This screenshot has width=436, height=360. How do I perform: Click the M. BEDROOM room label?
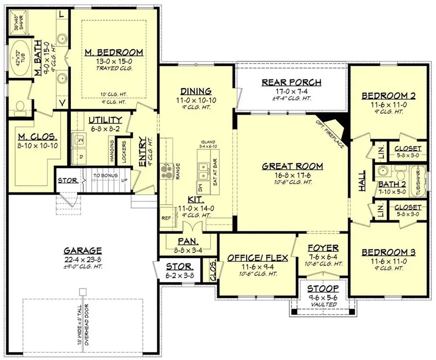[x=113, y=52]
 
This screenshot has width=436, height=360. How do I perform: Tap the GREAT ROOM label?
[x=292, y=166]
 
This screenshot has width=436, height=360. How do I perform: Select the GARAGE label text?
[x=82, y=250]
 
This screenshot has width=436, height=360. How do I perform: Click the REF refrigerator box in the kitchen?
[x=167, y=218]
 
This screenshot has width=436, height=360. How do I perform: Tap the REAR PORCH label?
[x=291, y=82]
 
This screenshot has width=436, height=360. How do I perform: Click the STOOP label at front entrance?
[x=323, y=289]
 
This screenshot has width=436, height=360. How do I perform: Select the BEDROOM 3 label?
[x=389, y=252]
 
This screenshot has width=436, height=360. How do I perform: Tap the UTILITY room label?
[x=105, y=120]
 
